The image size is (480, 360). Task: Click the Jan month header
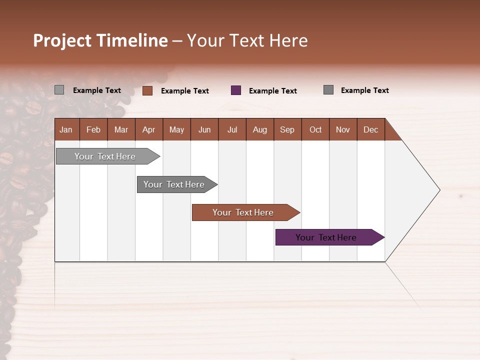[66, 129]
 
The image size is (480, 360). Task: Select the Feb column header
[93, 129]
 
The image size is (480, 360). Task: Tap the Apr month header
[149, 129]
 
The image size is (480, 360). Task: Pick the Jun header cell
[204, 129]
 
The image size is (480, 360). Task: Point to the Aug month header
[260, 129]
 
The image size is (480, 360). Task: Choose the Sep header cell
[287, 129]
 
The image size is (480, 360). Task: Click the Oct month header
[315, 129]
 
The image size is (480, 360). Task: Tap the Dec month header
[371, 129]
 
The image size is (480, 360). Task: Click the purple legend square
[236, 90]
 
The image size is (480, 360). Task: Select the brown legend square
[147, 90]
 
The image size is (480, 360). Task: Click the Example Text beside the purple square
[273, 91]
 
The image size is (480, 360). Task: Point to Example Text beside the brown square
[185, 91]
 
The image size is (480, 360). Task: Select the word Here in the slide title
[288, 40]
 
